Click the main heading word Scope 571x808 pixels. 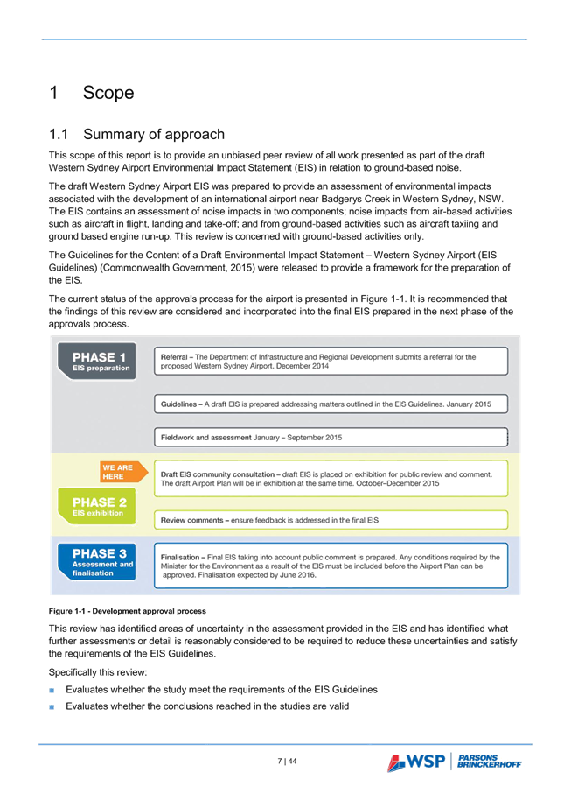pos(108,93)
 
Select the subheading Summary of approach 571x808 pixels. pos(154,135)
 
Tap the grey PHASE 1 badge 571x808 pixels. pos(97,362)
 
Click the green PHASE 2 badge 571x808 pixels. pos(97,506)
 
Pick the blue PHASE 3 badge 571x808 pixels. pos(97,562)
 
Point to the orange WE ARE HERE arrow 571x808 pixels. pos(123,472)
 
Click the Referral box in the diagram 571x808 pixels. pos(331,362)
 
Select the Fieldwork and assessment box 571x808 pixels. pos(331,438)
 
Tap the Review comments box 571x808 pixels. pos(331,520)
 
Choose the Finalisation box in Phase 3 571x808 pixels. pos(331,566)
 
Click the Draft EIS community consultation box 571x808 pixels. pos(331,479)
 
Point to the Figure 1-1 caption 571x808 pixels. pos(127,611)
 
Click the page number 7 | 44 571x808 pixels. pos(287,761)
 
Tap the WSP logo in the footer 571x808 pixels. pos(416,762)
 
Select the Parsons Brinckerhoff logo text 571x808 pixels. pos(489,761)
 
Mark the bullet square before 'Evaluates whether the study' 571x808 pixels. pos(52,691)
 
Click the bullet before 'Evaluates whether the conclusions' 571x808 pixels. pos(52,707)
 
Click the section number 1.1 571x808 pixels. pos(59,135)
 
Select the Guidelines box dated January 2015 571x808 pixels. pos(331,404)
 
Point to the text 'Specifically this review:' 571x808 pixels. pos(98,672)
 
